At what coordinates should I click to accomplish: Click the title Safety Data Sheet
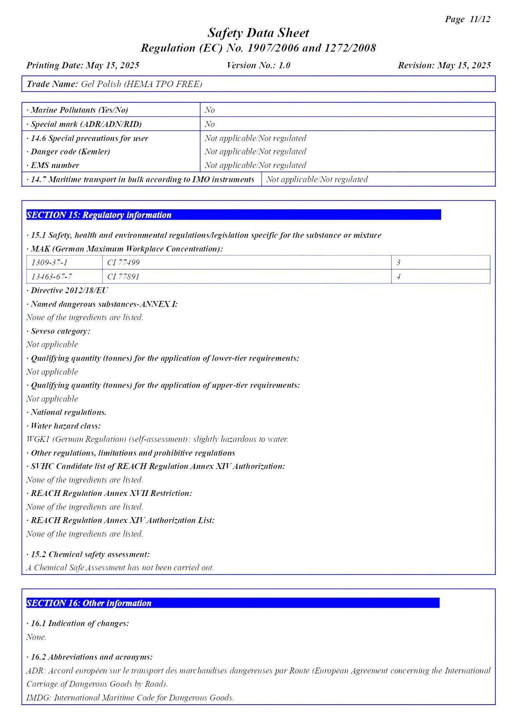pos(258,33)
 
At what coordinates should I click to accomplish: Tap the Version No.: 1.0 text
pos(258,65)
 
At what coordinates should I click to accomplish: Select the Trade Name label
pos(52,84)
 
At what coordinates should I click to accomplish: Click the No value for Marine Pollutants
pos(210,110)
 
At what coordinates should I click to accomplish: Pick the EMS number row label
pos(55,165)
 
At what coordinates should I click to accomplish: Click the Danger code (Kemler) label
pos(70,152)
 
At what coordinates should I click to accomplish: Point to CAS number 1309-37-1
pos(50,262)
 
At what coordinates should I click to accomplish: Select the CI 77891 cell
pos(123,276)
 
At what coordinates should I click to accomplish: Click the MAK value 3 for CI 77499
pos(398,262)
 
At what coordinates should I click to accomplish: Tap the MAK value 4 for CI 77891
pos(398,276)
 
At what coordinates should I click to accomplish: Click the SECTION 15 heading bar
pos(233,215)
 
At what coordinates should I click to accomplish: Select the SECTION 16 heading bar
pos(233,603)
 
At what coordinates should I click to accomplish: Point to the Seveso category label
pos(60,331)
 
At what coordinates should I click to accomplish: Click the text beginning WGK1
pos(157,439)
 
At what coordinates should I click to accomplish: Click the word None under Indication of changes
pos(36,637)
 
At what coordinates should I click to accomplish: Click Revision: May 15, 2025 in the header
pos(444,65)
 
